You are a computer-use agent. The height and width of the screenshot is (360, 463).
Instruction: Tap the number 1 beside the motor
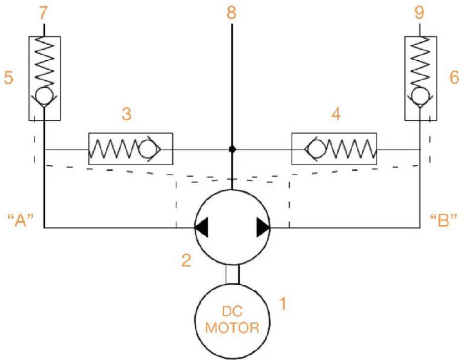(x=283, y=304)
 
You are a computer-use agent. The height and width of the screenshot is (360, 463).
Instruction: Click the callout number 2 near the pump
(x=186, y=260)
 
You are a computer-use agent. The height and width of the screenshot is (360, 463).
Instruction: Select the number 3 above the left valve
(x=126, y=114)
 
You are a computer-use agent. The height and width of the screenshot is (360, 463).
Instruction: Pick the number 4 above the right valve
(x=336, y=114)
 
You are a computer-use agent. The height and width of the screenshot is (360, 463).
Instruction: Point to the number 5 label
(x=8, y=78)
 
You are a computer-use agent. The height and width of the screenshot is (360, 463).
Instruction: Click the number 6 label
(x=454, y=77)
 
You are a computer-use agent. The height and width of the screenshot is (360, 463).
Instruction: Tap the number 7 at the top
(x=43, y=13)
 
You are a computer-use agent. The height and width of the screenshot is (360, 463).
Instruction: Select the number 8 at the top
(x=231, y=13)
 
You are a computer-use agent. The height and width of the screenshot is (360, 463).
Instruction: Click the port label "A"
(x=20, y=220)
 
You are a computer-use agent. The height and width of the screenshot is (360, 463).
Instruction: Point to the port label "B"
(x=443, y=220)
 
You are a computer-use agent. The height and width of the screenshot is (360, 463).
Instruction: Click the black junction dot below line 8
(x=232, y=149)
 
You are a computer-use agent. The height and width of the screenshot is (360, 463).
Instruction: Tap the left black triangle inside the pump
(x=201, y=228)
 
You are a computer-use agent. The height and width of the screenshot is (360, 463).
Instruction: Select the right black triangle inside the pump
(x=263, y=228)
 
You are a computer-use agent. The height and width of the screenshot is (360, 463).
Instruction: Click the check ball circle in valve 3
(x=146, y=149)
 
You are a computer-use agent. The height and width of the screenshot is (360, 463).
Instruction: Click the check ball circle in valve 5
(x=44, y=95)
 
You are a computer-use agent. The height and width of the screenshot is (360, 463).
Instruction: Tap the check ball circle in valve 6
(x=420, y=95)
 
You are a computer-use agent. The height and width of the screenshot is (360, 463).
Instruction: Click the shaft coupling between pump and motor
(x=232, y=275)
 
